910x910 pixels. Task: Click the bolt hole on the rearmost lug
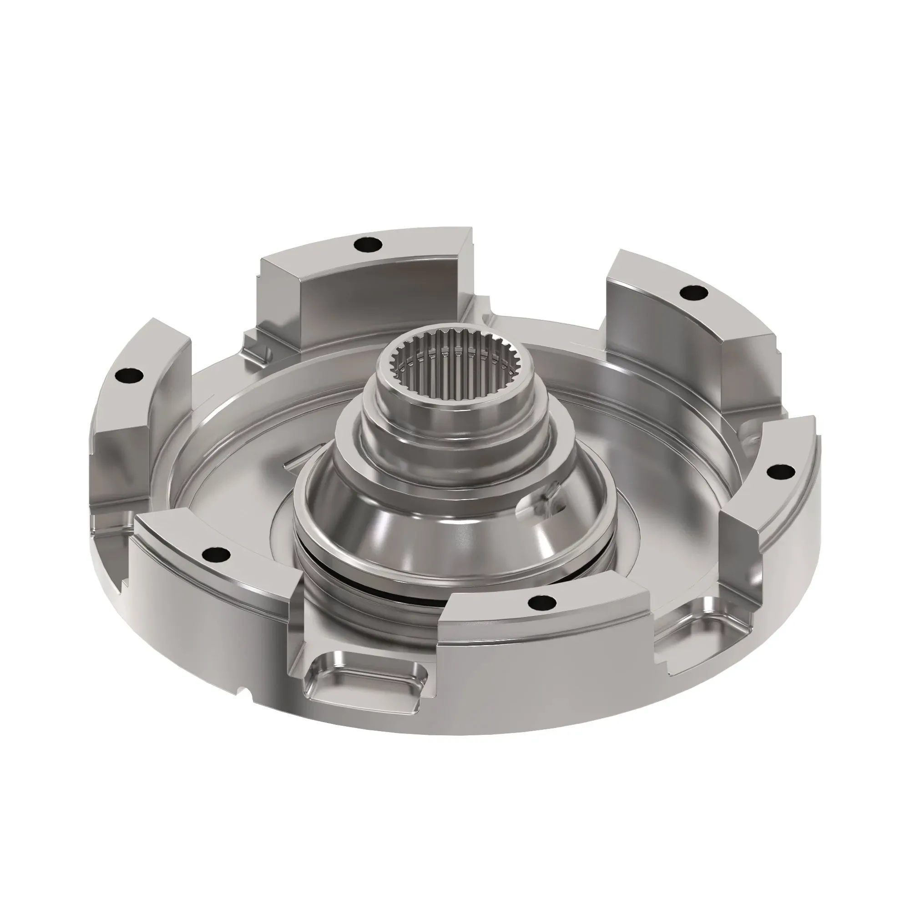point(369,244)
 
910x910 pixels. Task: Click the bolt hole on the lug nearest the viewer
point(541,602)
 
